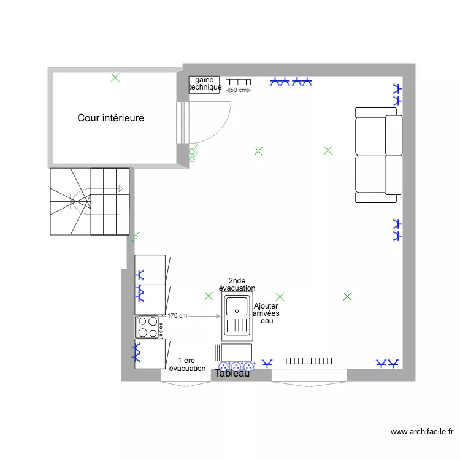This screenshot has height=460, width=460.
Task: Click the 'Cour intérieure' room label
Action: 111,118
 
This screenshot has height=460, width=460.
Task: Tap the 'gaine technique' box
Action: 204,84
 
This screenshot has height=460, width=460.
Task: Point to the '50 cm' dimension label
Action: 239,90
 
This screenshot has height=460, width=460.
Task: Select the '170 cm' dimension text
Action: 177,316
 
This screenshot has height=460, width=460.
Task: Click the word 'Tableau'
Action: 232,373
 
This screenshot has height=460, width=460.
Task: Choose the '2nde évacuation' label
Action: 237,285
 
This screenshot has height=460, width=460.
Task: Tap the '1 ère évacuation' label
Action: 187,364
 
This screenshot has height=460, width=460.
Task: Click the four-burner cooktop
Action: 150,327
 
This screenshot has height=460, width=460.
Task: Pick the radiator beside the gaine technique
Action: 239,82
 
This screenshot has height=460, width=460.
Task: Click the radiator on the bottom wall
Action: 309,361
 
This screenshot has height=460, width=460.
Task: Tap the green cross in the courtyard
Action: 115,77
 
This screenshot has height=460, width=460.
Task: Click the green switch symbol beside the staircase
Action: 137,235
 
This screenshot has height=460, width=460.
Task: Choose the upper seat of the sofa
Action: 378,131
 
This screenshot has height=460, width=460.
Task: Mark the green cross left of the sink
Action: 209,296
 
